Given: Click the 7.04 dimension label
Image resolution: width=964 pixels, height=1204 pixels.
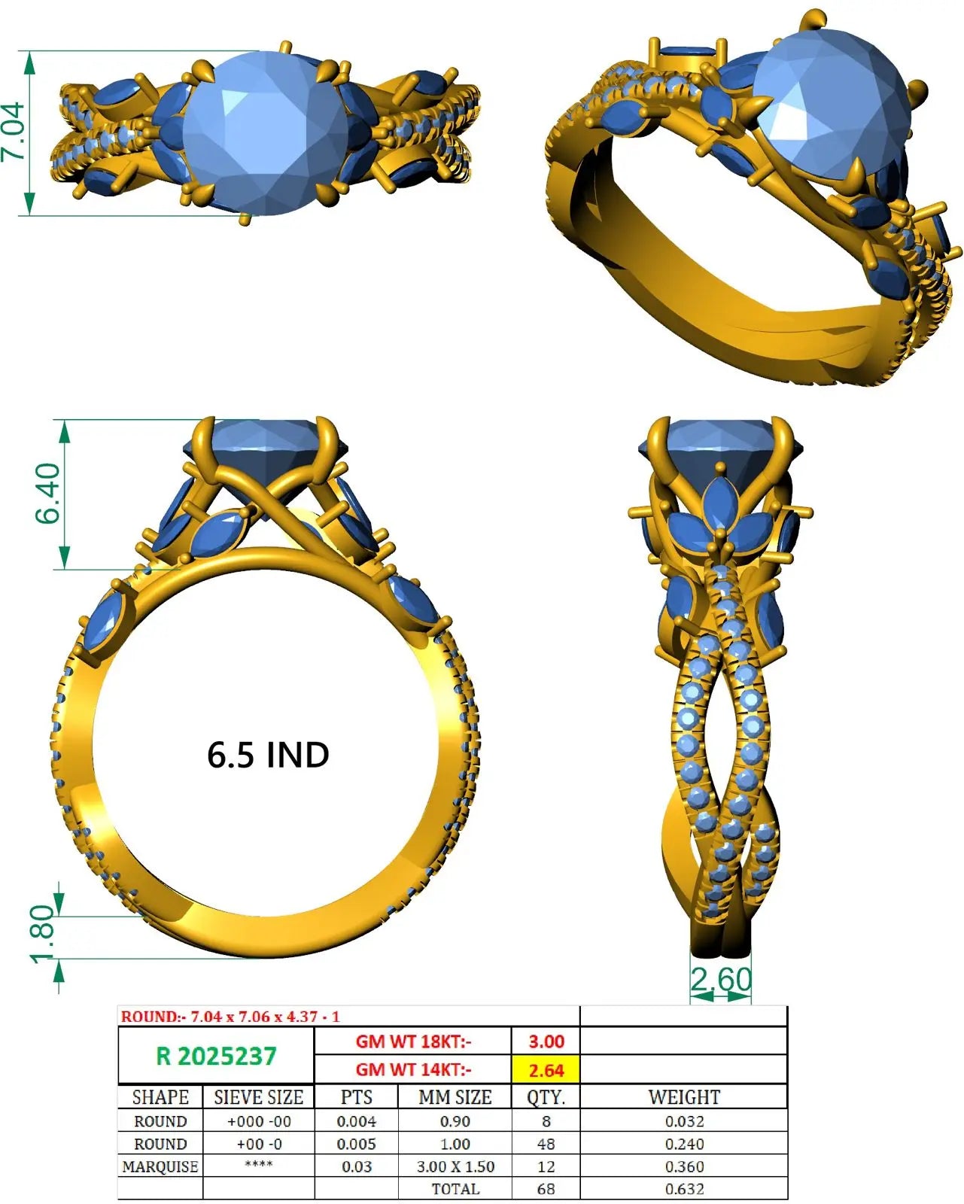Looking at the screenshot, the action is click(13, 132).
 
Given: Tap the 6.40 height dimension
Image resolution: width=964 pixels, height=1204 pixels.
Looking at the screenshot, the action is click(47, 494).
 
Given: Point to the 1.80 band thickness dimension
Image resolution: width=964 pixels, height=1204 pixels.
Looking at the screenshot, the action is click(42, 934).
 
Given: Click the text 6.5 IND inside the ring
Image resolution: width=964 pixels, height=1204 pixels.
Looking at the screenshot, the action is click(268, 755).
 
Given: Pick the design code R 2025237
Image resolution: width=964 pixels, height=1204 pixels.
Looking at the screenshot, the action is click(216, 1056).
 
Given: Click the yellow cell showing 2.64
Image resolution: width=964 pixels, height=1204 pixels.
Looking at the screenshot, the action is click(546, 1070).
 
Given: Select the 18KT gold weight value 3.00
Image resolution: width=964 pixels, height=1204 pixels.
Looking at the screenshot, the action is click(546, 1041).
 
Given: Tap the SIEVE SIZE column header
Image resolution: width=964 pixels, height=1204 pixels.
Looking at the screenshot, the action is click(258, 1097).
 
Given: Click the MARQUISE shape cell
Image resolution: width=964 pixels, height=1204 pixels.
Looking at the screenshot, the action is click(160, 1166).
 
